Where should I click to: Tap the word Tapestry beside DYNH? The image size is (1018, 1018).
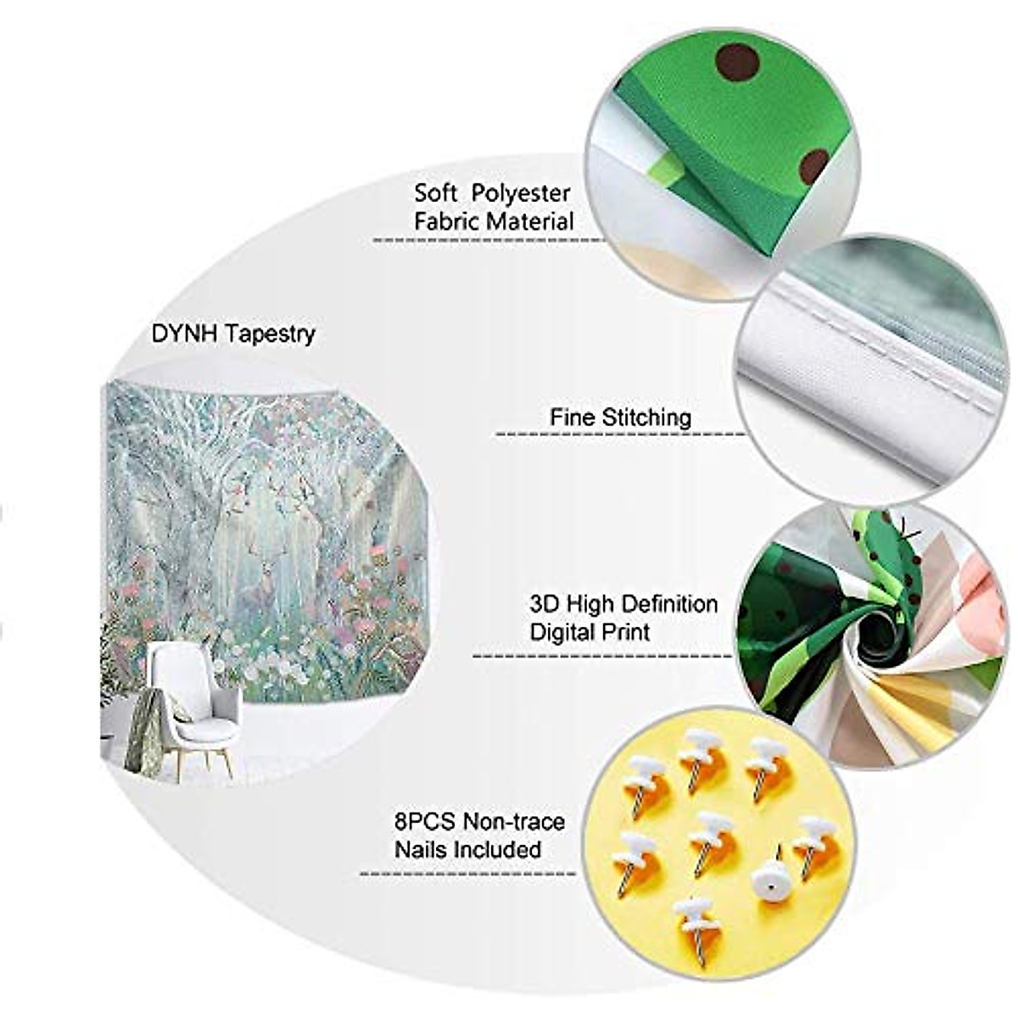coord(270,334)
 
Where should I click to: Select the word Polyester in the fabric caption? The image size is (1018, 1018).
coord(521,193)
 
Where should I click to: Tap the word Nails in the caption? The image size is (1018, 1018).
coord(421,849)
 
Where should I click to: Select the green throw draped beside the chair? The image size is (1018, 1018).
coord(142,730)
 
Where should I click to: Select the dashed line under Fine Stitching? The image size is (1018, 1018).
coord(619,435)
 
